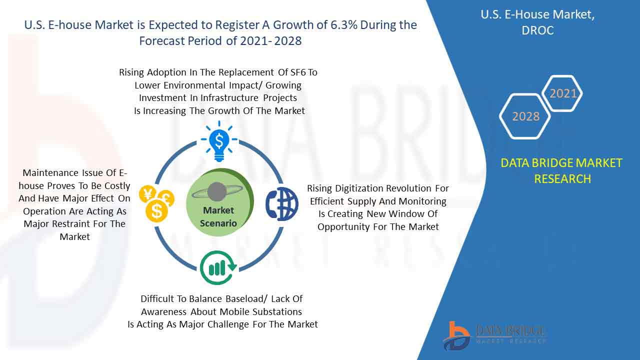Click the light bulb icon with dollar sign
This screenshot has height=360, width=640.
pyautogui.click(x=219, y=141)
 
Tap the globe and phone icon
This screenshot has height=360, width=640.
pyautogui.click(x=282, y=203)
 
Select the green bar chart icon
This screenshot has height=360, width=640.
pyautogui.click(x=218, y=267)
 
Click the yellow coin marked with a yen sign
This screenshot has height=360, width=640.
pyautogui.click(x=147, y=194)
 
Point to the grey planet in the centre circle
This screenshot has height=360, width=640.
pyautogui.click(x=217, y=191)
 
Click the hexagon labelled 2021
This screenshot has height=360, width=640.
pyautogui.click(x=562, y=93)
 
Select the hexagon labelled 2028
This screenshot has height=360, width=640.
pyautogui.click(x=525, y=116)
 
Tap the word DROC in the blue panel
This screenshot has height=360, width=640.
pyautogui.click(x=537, y=30)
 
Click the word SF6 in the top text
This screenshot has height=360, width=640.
pyautogui.click(x=298, y=72)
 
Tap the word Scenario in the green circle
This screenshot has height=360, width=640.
pyautogui.click(x=218, y=223)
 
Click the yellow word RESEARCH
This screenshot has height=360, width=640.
pyautogui.click(x=562, y=179)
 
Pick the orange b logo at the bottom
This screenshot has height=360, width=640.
pyautogui.click(x=456, y=336)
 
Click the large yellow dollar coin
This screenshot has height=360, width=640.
pyautogui.click(x=156, y=211)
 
